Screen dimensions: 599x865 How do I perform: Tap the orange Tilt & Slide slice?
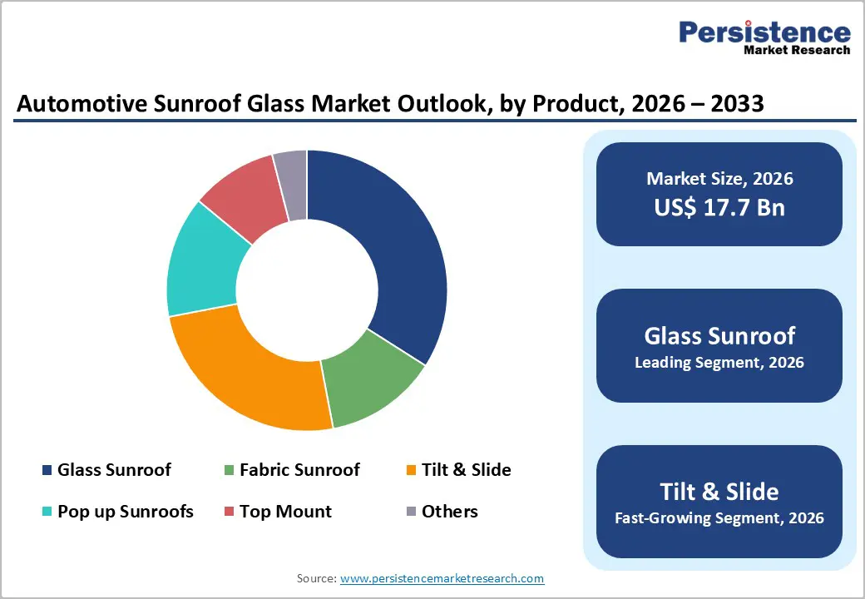coord(250,374)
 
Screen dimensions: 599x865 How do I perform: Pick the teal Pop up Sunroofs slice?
coord(204,262)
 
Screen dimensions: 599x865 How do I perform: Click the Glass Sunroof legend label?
coord(114,470)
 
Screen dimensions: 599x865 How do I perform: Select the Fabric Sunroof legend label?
coord(299,470)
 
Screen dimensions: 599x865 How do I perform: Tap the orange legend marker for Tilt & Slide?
coord(411,471)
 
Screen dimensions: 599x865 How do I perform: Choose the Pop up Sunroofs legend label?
coord(125,512)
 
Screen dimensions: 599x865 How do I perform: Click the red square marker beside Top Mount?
coord(229,512)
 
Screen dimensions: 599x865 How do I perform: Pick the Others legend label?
coord(449,512)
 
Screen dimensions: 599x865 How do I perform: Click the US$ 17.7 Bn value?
coord(719,207)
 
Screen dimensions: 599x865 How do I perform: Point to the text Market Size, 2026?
coord(719,179)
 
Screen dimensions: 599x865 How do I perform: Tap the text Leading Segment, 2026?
coord(719,363)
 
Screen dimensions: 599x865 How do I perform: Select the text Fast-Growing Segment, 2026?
coord(719,518)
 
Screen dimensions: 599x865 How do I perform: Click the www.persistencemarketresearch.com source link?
coord(442,578)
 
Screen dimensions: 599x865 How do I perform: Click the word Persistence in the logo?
coord(764,32)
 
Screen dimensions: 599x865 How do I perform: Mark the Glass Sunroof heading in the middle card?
coord(719,335)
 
